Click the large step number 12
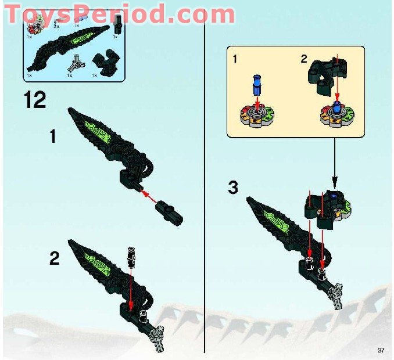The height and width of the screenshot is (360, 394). [35, 100]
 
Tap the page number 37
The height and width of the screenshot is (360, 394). [381, 349]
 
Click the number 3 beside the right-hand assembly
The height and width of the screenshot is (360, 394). [233, 188]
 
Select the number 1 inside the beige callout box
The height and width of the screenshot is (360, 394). [235, 59]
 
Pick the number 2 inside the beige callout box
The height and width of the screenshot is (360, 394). [303, 59]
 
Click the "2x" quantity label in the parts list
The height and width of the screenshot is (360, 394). [56, 26]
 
